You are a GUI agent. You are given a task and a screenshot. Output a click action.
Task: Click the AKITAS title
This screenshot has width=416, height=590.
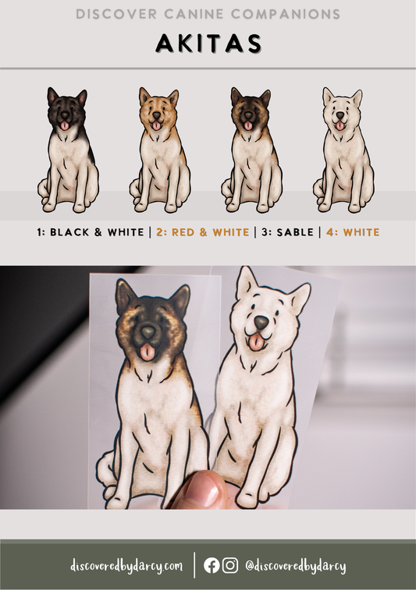208,44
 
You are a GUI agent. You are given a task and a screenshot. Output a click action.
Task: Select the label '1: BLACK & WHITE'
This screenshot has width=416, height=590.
91,232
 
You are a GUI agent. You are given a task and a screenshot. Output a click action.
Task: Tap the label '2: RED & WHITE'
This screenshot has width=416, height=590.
203,232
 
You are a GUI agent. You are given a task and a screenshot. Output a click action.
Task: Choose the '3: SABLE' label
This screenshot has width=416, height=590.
287,232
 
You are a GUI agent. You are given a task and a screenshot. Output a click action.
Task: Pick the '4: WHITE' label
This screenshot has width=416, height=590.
353,232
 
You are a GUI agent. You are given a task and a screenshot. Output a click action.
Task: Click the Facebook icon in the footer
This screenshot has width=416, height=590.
212,565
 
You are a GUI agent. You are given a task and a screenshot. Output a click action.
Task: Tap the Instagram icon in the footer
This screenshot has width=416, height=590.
230,565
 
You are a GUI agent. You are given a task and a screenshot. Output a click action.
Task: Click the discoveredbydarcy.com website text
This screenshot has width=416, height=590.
126,566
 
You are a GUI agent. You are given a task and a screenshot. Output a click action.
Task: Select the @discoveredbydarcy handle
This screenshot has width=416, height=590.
296,566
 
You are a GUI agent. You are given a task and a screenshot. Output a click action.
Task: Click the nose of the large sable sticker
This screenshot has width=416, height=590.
148,332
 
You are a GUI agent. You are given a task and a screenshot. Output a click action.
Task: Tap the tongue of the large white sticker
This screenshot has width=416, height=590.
258,341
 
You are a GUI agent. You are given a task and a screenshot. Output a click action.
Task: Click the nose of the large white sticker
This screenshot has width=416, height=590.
261,322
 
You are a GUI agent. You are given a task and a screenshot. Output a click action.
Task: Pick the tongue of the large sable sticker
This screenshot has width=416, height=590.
147,352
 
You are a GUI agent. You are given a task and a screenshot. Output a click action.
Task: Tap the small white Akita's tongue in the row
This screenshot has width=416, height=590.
340,125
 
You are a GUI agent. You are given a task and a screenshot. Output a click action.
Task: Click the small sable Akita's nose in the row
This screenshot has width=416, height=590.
249,115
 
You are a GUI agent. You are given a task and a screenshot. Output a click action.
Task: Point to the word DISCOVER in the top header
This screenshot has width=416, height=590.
116,14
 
